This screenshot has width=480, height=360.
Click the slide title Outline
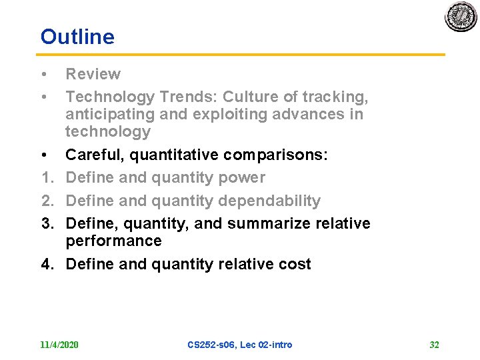[77, 37]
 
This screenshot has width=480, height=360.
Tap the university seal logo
[461, 17]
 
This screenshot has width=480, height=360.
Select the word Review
[93, 74]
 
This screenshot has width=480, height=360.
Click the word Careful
[95, 155]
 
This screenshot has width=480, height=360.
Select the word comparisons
[275, 155]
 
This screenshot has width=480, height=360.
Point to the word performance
[113, 241]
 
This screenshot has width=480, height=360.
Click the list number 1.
[46, 177]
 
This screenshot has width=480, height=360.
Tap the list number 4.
[46, 264]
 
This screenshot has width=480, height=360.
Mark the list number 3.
[46, 223]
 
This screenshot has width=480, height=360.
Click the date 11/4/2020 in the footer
[59, 345]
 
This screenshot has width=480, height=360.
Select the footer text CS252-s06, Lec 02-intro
[240, 345]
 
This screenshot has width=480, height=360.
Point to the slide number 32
[434, 345]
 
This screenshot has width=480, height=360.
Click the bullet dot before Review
[43, 74]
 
